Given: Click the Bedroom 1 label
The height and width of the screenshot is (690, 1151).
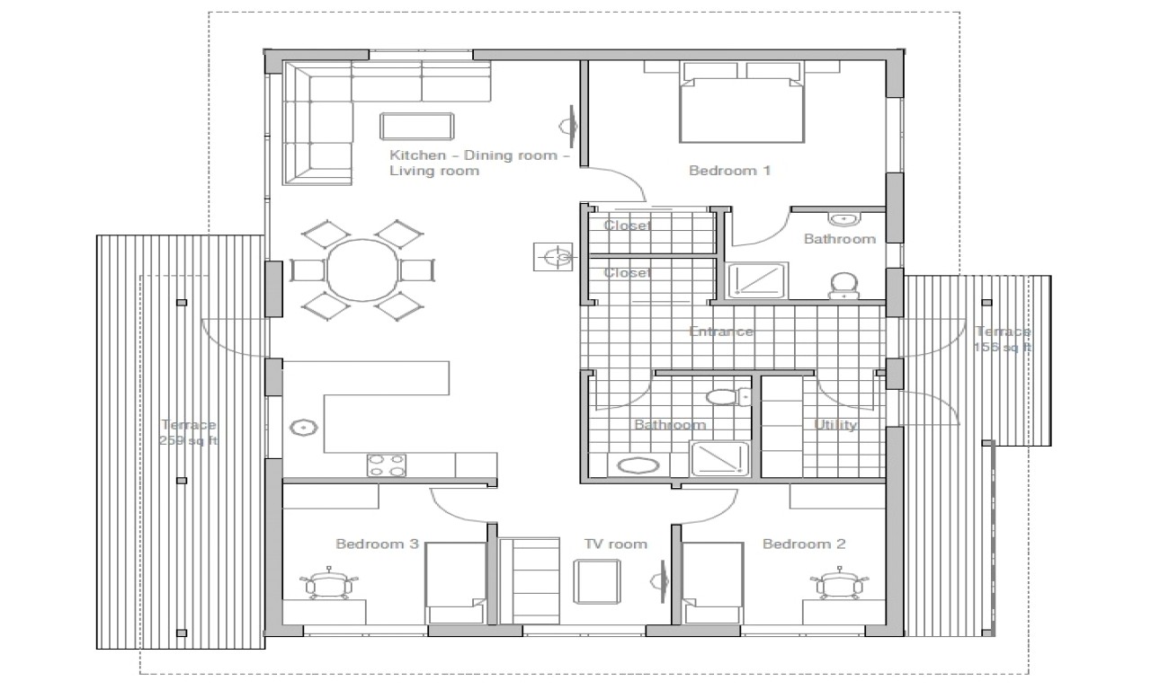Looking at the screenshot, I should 729,171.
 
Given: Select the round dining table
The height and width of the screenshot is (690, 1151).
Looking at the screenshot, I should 362,270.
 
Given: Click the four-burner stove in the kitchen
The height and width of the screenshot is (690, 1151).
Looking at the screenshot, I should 386,464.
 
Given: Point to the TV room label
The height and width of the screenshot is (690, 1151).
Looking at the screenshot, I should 615,544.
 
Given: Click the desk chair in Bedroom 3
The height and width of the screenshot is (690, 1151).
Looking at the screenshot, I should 330,585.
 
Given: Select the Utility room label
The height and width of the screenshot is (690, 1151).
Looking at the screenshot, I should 834,425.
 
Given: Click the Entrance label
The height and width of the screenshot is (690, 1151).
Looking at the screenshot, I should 720,332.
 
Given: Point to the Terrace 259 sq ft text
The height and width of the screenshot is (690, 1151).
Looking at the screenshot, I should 188,432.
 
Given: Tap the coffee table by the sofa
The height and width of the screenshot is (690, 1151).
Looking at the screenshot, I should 416,125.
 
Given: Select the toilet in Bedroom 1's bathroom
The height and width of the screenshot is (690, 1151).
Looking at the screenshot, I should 842,286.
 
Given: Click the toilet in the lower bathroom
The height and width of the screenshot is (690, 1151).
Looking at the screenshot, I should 724,396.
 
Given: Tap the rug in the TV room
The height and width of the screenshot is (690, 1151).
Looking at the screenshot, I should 598,579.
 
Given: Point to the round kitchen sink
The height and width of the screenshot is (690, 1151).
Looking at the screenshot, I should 302,428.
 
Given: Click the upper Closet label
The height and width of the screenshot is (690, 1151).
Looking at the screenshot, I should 627,226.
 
